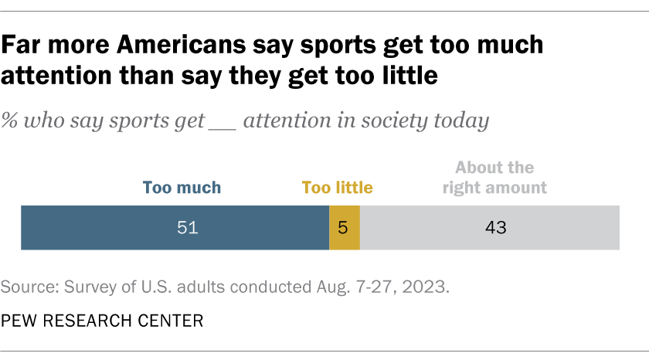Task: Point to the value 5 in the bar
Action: (345, 228)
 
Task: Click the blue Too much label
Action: (182, 187)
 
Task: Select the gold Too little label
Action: (337, 187)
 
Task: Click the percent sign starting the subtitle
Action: (9, 121)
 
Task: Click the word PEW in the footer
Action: (18, 321)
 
